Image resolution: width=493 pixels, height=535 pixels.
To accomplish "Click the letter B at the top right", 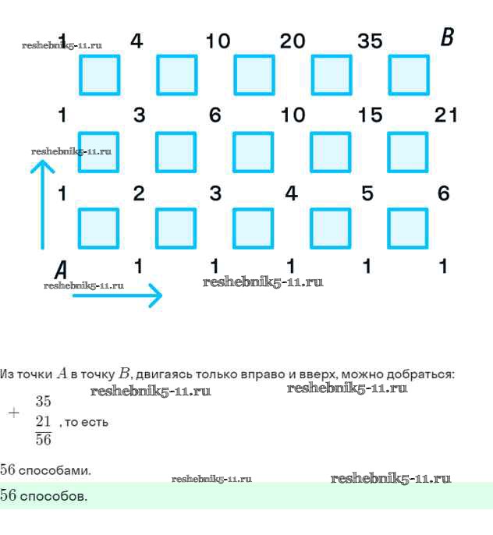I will [x=447, y=37].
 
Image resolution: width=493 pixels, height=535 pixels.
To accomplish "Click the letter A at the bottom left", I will [x=61, y=270].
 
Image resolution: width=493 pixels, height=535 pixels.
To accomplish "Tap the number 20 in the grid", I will [x=293, y=41].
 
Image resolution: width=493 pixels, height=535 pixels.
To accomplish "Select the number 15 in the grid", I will [x=370, y=115].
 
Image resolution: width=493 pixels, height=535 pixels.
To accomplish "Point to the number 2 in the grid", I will [x=139, y=193].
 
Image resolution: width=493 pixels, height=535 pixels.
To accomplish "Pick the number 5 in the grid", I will [x=367, y=193].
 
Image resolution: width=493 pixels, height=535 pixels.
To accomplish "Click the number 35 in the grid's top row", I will [x=370, y=41].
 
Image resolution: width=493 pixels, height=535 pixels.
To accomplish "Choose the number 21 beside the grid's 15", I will [x=445, y=115].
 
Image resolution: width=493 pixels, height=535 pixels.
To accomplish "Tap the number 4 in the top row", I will [x=137, y=41].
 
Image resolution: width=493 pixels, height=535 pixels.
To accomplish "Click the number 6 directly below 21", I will [x=444, y=193].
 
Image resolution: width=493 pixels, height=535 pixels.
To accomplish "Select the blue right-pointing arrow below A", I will [x=117, y=296].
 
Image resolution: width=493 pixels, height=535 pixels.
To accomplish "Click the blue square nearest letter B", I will [x=408, y=75].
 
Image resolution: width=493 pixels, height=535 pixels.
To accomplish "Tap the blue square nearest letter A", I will [x=98, y=229].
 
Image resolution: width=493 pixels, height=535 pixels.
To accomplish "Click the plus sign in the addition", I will [x=13, y=413].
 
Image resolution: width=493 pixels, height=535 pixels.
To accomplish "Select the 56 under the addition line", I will [x=43, y=440].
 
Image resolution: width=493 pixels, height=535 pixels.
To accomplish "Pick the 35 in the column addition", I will [x=43, y=402].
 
